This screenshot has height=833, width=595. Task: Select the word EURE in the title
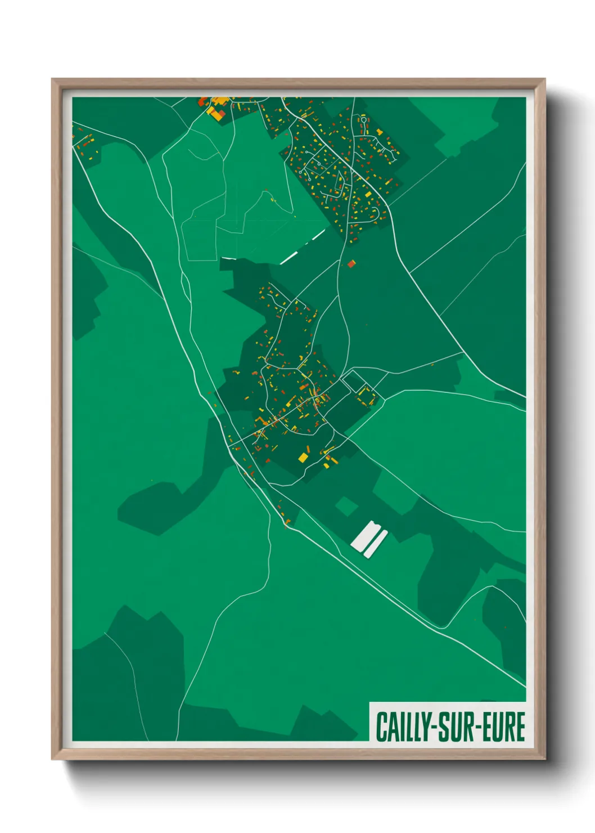coord(504,727)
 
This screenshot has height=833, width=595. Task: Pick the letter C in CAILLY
coord(381,727)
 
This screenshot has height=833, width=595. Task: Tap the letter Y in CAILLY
coord(422,727)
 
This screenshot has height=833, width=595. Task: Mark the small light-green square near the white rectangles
coord(347,506)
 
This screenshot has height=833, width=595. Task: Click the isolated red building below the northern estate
coord(351,263)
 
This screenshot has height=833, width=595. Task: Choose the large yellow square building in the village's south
coord(303,456)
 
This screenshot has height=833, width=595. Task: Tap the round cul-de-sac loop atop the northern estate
coord(364,120)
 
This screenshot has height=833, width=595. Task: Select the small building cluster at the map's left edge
coord(85,144)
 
